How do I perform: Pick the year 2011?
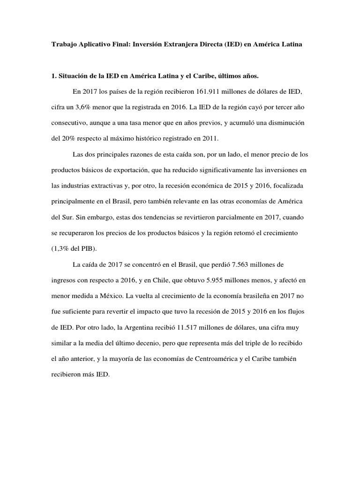(217, 139)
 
